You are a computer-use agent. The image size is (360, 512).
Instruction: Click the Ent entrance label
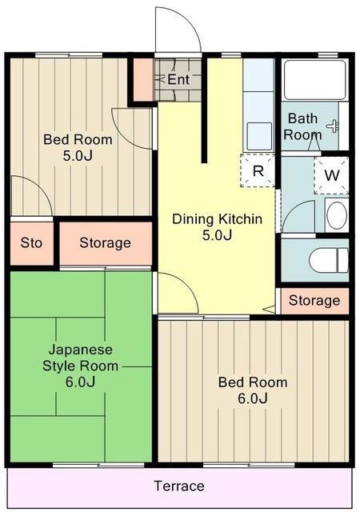178,79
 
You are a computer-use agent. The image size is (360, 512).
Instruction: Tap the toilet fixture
328,260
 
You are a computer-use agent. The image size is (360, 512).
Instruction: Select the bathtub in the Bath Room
315,80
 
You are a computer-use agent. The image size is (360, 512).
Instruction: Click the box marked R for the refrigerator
258,170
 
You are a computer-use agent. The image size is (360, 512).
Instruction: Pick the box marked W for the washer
331,175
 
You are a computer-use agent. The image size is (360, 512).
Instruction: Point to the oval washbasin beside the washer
337,215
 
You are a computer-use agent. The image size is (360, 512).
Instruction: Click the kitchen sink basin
259,136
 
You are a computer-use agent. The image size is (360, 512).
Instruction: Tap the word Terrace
179,486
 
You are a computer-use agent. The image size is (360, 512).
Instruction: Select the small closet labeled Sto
32,243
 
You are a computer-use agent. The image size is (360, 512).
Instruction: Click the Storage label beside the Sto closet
105,243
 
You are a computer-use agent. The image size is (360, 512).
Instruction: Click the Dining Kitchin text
218,218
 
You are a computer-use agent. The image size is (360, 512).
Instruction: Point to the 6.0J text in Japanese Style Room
80,382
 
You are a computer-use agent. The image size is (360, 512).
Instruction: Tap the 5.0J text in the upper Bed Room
78,156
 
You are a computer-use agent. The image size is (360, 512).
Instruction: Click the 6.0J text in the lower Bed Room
253,398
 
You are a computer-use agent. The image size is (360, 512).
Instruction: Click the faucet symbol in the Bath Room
333,126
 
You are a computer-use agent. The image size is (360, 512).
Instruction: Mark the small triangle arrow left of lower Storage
270,309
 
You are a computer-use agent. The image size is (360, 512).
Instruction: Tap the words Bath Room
302,126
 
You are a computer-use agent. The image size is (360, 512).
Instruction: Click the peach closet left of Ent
143,79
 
